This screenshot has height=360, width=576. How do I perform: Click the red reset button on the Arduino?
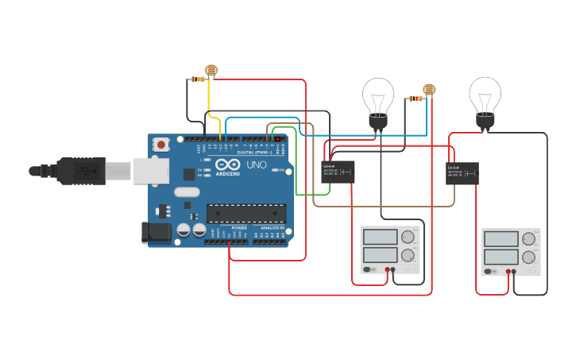tap(161, 145)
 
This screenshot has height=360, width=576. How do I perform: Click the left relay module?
tap(338, 172)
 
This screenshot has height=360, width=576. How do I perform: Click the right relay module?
tap(462, 173)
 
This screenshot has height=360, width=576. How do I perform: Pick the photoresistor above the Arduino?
tap(211, 71)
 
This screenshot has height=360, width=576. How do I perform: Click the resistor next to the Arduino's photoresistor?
tap(196, 79)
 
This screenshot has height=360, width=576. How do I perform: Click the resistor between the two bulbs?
tap(415, 99)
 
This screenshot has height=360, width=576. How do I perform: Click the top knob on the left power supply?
tap(408, 237)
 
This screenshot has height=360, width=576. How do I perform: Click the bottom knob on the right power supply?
tap(529, 257)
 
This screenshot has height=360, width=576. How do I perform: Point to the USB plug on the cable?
tap(79, 170)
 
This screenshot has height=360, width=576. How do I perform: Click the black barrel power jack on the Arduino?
tap(157, 231)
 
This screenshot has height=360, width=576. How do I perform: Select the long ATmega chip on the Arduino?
tap(245, 213)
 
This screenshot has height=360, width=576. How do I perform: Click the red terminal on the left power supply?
tap(387, 270)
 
